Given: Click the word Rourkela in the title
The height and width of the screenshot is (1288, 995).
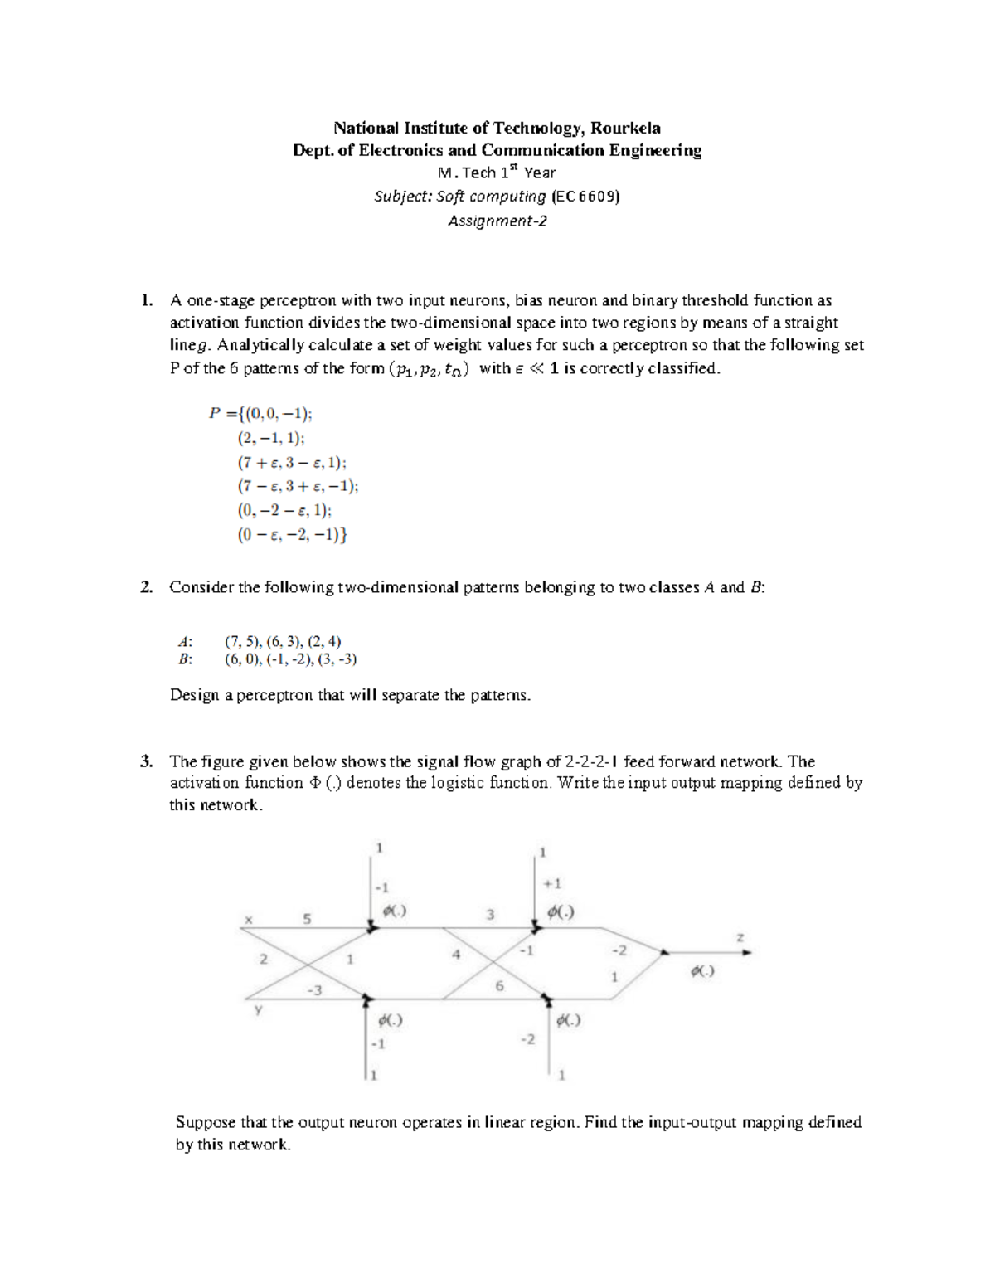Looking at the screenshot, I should click(x=624, y=128).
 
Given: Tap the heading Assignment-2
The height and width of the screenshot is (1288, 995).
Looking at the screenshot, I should click(x=497, y=221).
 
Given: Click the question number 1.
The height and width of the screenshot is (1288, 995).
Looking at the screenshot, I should click(x=146, y=300).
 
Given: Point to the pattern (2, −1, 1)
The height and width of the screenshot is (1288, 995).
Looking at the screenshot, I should click(x=270, y=439).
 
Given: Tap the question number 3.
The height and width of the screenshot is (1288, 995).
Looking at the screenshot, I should click(x=146, y=761).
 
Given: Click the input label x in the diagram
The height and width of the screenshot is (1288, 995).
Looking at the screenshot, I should click(x=247, y=919).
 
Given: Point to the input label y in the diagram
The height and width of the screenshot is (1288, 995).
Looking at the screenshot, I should click(x=258, y=1009).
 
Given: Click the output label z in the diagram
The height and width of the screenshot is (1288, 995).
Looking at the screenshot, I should click(x=740, y=937).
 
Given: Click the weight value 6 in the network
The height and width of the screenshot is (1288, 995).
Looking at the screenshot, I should click(x=499, y=986).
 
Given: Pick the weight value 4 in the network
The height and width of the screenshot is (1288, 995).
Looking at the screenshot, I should click(x=455, y=955).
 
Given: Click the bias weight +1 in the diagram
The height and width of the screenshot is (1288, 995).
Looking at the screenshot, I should click(x=551, y=884).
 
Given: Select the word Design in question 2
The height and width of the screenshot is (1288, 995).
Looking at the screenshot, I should click(x=195, y=695).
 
